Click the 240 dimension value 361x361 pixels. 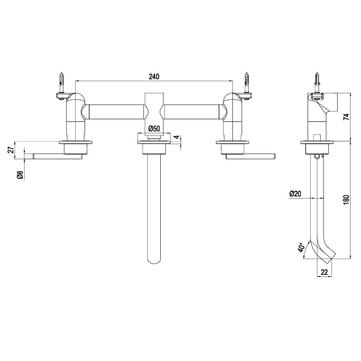(x=154, y=76)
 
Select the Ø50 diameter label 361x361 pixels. (x=154, y=128)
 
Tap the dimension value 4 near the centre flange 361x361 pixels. (x=176, y=137)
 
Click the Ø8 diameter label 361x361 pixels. (x=20, y=175)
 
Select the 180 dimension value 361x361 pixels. (x=346, y=200)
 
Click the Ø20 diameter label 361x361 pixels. (x=295, y=193)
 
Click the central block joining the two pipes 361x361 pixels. (x=154, y=111)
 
